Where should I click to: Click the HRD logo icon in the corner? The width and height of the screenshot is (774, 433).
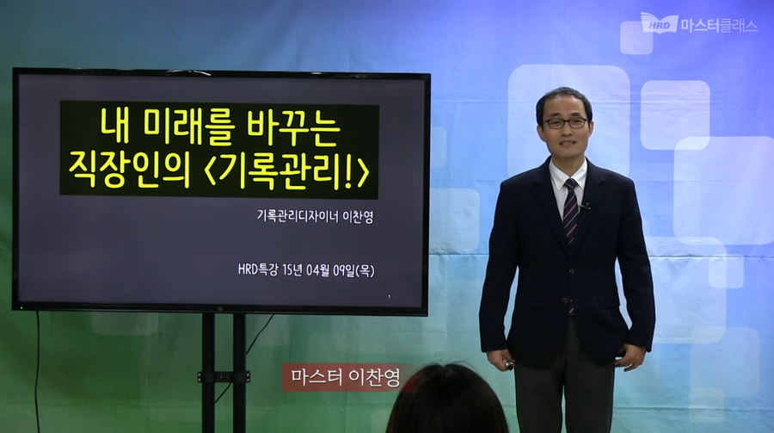coord(659,23)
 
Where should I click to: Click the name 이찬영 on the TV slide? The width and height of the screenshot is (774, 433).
coord(359,215)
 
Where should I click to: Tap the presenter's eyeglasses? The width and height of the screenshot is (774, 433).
coord(566,123)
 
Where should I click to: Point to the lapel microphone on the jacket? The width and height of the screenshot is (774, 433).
coord(585,206)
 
